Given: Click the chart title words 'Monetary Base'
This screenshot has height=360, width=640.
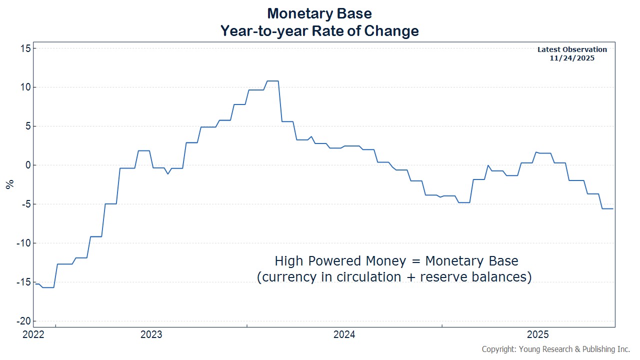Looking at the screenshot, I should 319,13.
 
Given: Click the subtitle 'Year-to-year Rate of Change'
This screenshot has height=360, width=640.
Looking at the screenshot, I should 319,31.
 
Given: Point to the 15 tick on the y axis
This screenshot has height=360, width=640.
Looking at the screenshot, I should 25,48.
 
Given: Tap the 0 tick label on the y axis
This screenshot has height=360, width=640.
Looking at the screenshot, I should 28,165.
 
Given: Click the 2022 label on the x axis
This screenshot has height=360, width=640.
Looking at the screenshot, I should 33,334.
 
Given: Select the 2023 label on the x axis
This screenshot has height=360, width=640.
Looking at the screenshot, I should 151,334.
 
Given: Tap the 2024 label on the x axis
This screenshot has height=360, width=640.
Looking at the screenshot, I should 344,334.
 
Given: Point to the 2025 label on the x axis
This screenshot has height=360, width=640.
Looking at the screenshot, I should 538,334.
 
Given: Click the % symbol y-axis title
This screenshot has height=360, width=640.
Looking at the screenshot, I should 9,184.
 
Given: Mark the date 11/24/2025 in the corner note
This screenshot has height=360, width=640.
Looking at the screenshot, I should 572,58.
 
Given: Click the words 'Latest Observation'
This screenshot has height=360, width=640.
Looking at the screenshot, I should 572,49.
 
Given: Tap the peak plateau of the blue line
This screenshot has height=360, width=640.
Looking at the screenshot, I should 272,81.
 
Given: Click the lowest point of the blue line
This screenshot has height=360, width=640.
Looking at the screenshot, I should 48,287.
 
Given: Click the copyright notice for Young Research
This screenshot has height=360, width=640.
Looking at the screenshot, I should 555,349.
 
